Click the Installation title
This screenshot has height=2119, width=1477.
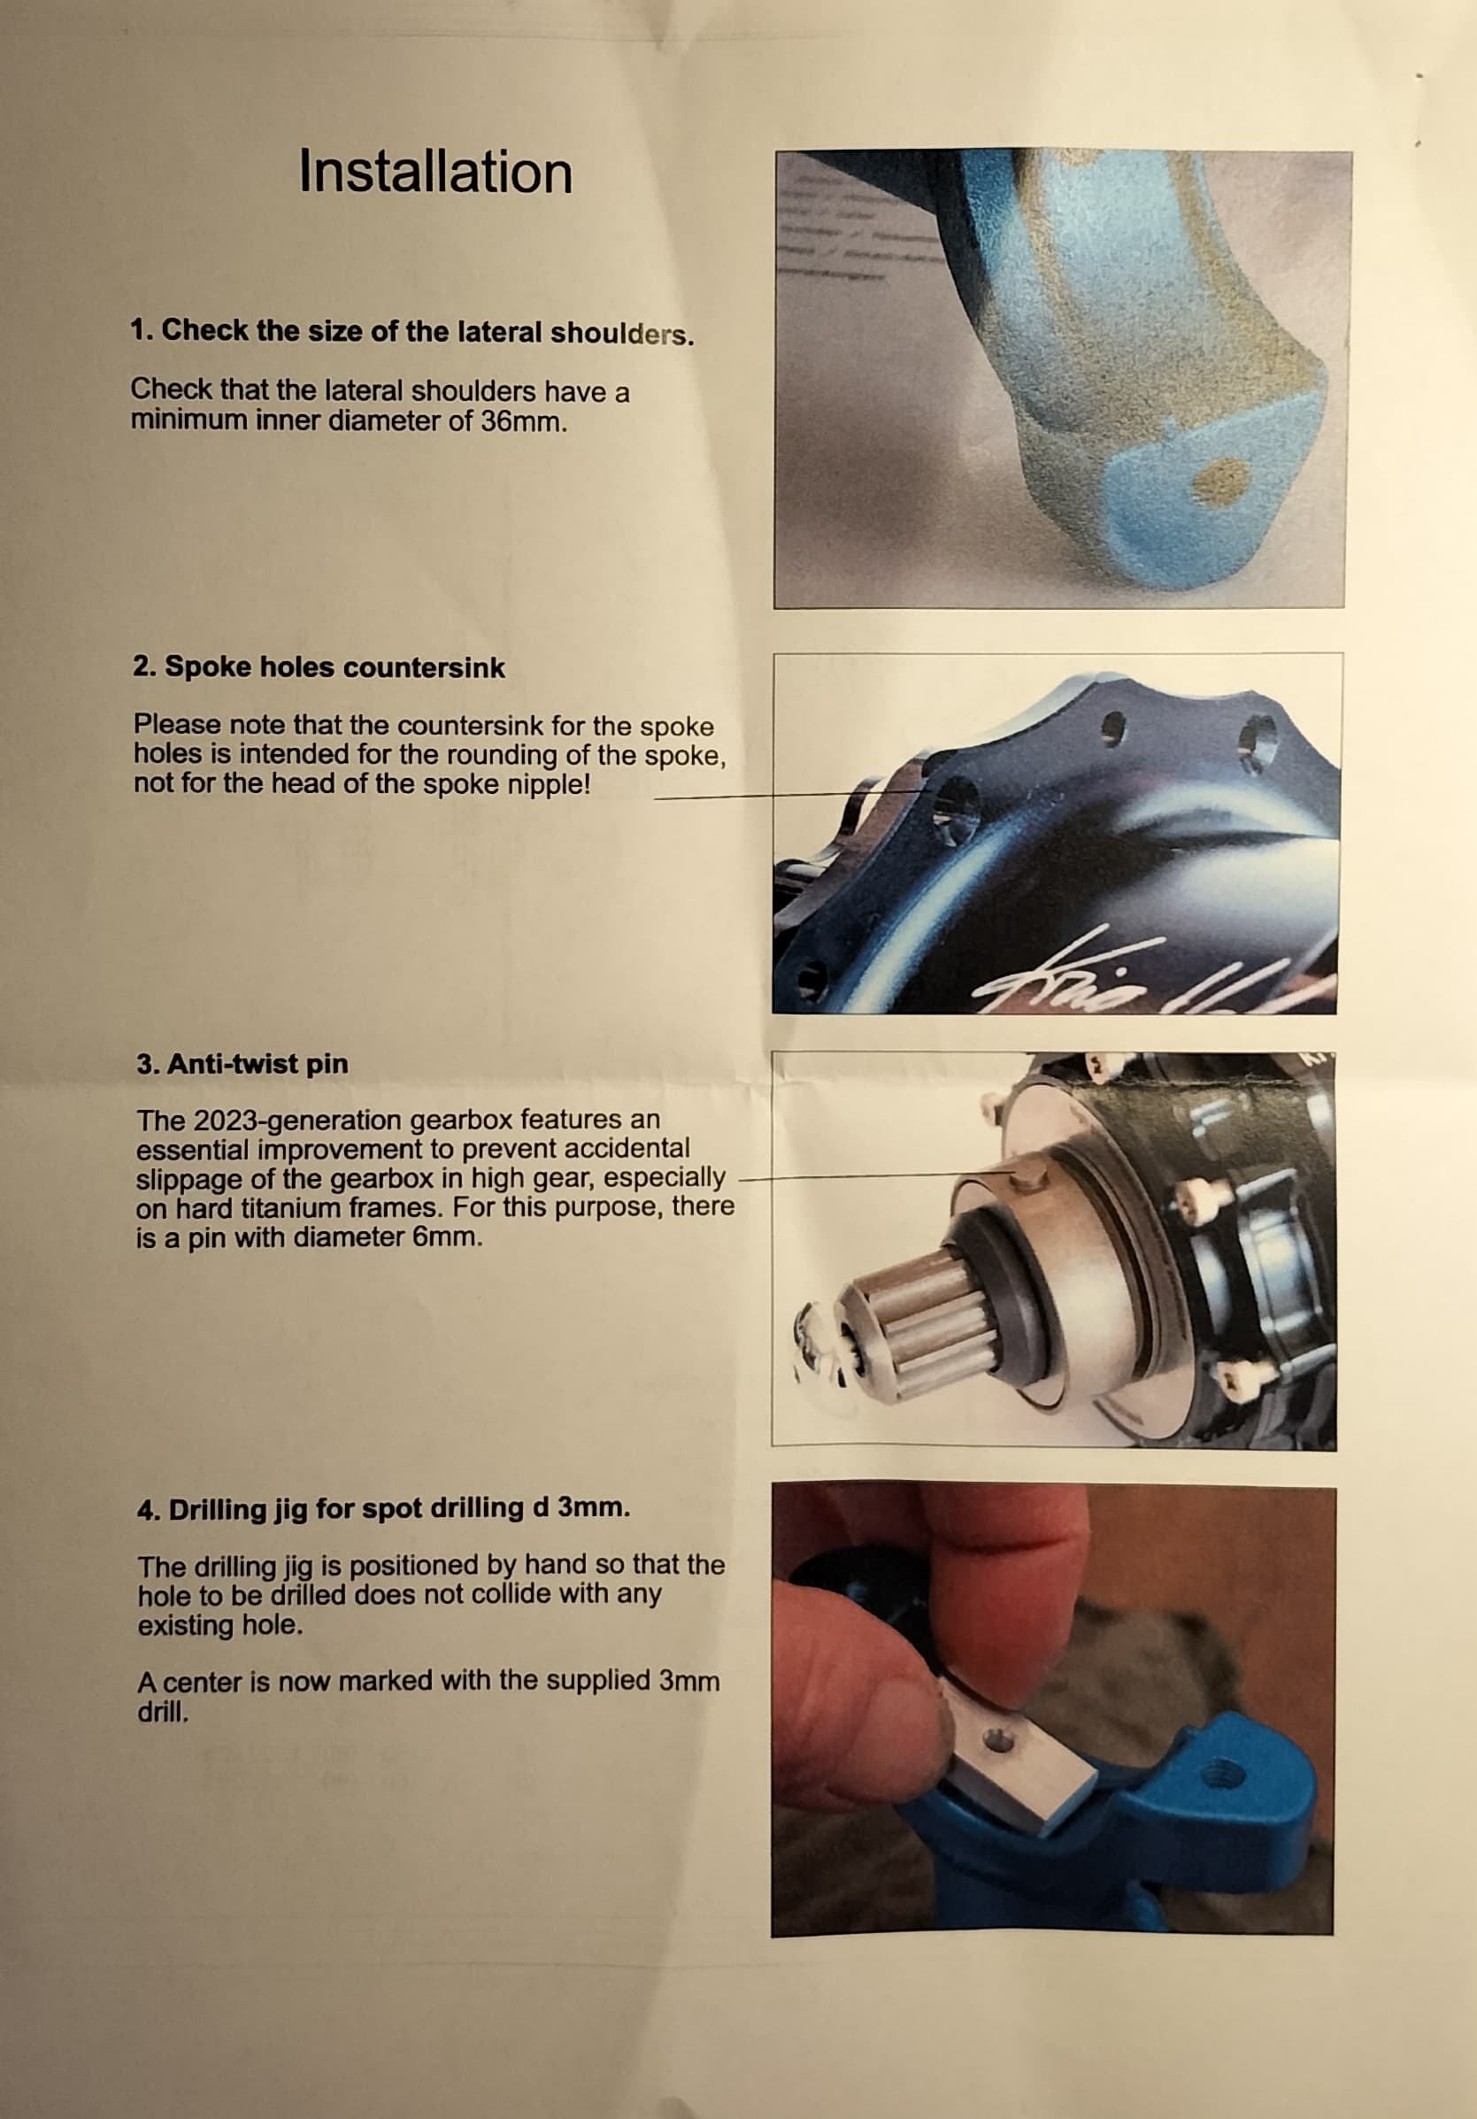(435, 173)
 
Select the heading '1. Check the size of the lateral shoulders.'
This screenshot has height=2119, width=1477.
(412, 331)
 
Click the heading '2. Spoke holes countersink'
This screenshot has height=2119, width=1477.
(319, 667)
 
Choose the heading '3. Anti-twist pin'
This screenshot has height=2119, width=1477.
(242, 1063)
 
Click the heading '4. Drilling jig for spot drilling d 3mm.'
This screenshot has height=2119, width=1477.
(384, 1509)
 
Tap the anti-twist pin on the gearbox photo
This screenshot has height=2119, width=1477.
(1027, 1177)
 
